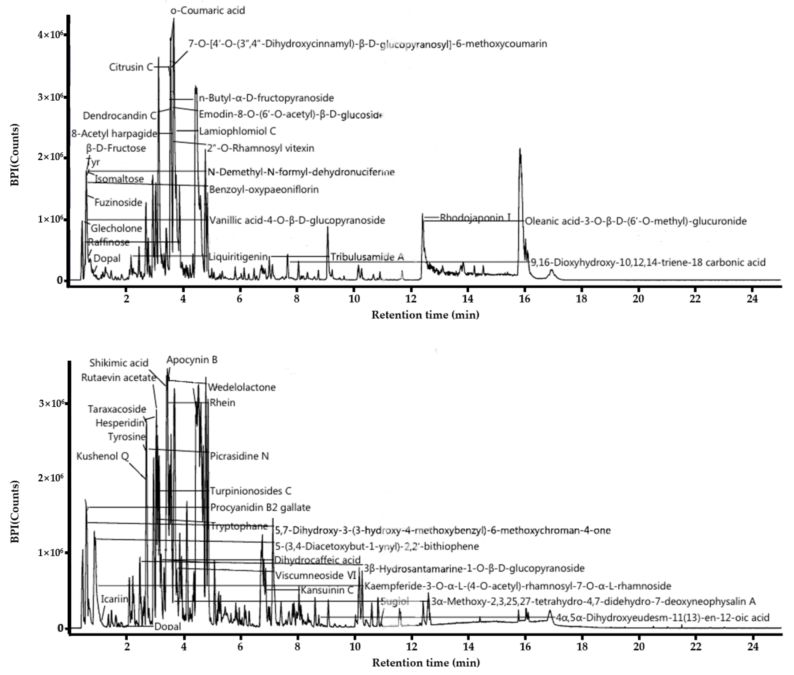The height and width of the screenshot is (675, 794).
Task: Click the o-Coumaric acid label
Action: tap(208, 10)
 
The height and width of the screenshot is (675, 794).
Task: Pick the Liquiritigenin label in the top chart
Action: tap(238, 257)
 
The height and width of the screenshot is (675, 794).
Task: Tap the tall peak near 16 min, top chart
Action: tap(520, 153)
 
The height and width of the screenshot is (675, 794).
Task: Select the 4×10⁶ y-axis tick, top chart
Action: tap(50, 35)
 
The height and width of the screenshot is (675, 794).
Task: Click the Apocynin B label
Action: tap(192, 360)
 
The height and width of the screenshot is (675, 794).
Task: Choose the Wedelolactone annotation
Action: tap(241, 387)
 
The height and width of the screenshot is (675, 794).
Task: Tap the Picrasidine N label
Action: tap(239, 456)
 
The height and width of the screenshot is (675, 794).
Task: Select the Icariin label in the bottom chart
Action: tap(114, 599)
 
